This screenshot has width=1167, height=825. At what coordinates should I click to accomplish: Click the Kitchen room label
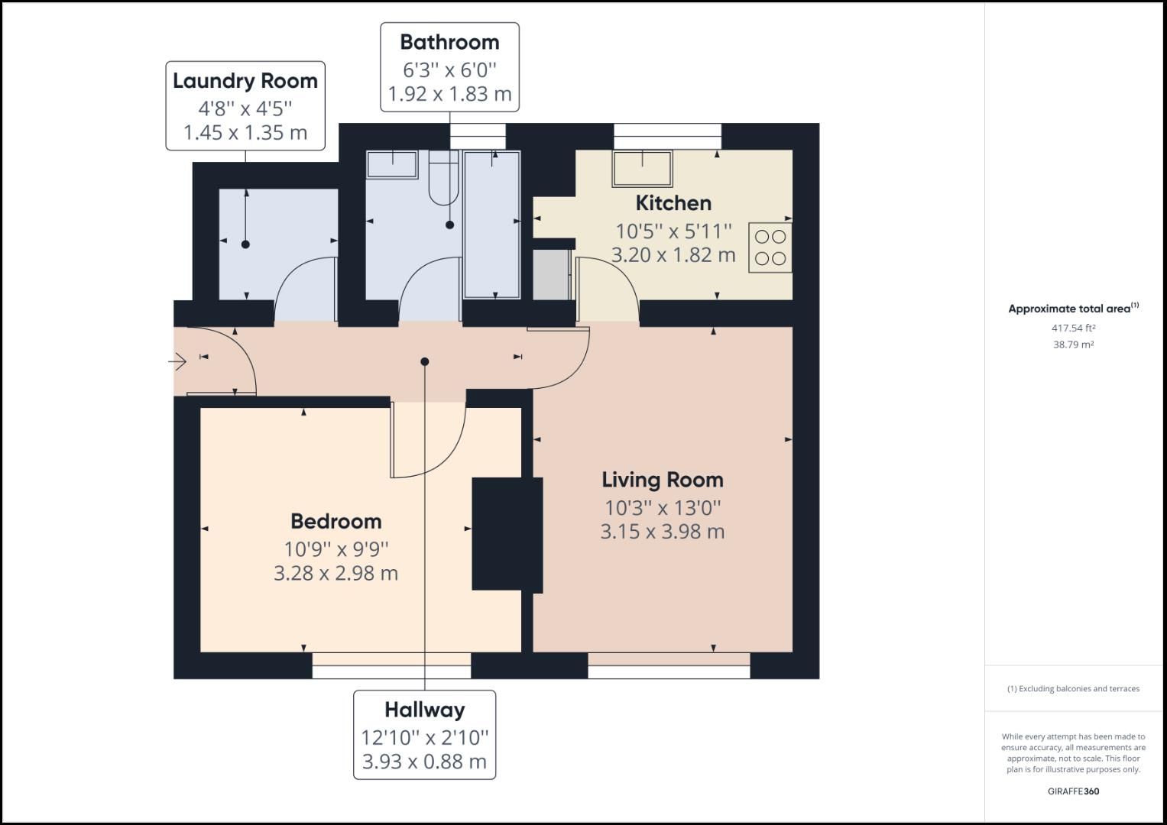coord(673,203)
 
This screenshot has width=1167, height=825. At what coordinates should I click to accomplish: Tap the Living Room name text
coord(662,480)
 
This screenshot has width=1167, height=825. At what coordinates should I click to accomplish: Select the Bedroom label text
coord(336,521)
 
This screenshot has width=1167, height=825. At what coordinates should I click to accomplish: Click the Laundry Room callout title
coord(245,81)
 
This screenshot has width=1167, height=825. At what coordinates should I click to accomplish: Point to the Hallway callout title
coord(424,710)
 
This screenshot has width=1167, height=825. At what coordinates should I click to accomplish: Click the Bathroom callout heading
coord(449,42)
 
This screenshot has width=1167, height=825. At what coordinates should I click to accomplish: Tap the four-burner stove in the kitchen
coord(770,247)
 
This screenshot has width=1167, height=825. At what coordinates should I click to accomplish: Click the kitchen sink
coord(642,168)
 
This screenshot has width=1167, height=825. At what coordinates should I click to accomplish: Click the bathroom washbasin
coord(392,164)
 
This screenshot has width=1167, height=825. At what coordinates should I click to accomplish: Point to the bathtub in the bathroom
coord(492,224)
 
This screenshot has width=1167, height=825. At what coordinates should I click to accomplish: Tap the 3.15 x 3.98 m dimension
coord(662,532)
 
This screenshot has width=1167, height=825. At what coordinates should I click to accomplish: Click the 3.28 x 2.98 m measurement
coord(336,573)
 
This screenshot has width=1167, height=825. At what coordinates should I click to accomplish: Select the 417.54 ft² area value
coord(1073,328)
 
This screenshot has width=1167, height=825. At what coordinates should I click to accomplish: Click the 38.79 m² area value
coord(1073,345)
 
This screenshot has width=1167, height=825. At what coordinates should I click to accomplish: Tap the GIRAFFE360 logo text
coord(1073,791)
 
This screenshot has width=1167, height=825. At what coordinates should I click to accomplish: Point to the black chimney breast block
coord(507,534)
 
